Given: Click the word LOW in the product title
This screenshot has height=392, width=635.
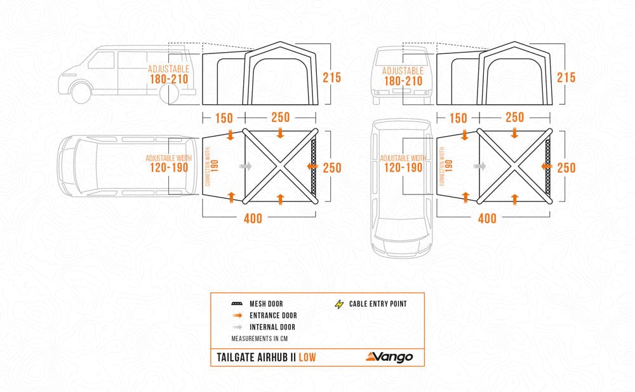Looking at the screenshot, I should pyautogui.click(x=307, y=357).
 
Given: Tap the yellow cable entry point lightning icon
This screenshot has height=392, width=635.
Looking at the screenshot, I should pyautogui.click(x=339, y=304).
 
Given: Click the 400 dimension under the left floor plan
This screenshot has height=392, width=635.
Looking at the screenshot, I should pyautogui.click(x=252, y=218).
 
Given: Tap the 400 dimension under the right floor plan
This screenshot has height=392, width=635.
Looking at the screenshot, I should pyautogui.click(x=487, y=218).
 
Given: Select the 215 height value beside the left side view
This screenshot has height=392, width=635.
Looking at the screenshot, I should pyautogui.click(x=331, y=78).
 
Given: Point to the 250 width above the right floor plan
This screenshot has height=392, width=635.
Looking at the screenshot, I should pyautogui.click(x=514, y=118).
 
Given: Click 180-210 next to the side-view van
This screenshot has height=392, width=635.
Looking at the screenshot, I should pyautogui.click(x=168, y=81).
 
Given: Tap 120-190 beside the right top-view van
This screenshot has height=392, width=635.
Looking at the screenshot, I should pyautogui.click(x=403, y=168).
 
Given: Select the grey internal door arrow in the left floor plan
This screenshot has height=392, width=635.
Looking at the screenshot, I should pyautogui.click(x=246, y=166).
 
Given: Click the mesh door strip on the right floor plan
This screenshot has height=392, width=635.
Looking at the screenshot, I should pyautogui.click(x=548, y=166).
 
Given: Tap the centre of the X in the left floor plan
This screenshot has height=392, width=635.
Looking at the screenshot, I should pyautogui.click(x=280, y=166).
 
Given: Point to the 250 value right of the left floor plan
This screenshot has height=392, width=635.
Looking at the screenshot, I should pyautogui.click(x=331, y=168).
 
